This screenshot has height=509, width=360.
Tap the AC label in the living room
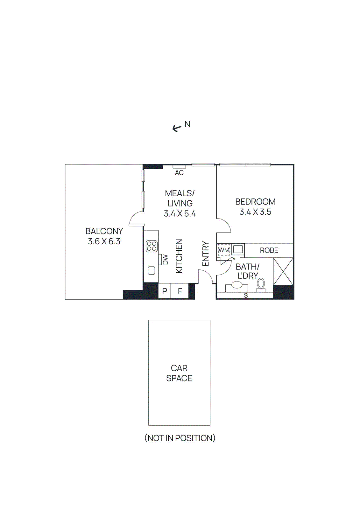pos(179,173)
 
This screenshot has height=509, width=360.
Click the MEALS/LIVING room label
pos(180,198)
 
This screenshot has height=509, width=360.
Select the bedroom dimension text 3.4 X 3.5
pos(255,212)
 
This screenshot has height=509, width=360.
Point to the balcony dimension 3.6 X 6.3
pos(104,241)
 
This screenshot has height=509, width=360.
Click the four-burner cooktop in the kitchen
pos(152,246)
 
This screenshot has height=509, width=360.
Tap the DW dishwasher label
pos(165,259)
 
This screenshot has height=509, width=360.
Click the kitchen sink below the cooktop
pos(152,271)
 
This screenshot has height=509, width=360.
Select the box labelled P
pos(165,291)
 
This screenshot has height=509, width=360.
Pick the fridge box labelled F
pos(180,291)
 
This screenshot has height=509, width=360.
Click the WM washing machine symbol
pos(224,250)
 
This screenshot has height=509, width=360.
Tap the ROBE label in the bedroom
pos(269,251)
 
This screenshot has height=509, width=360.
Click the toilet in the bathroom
pos(261,284)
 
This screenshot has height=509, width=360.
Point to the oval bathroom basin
pos(237,285)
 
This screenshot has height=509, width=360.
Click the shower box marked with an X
pos(283,271)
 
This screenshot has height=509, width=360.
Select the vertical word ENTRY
pos(206,254)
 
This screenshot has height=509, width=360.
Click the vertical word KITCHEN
pos(179,256)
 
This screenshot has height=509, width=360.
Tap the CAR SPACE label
pos(179,373)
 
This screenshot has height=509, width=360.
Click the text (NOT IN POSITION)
pos(180,438)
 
